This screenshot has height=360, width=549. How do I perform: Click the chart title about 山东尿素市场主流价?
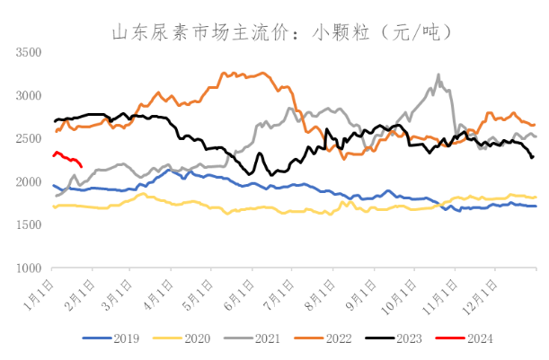(x=274, y=33)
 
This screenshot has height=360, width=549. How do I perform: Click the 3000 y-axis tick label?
(x=30, y=95)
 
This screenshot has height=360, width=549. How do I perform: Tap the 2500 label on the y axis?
(x=30, y=138)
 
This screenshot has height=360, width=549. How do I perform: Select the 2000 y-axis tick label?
(x=30, y=181)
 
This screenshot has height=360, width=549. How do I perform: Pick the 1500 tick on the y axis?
(x=30, y=224)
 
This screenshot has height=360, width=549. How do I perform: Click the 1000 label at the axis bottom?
(x=30, y=268)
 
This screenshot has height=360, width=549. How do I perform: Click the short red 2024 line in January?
(x=68, y=158)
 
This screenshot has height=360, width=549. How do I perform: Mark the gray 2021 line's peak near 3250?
(x=438, y=75)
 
